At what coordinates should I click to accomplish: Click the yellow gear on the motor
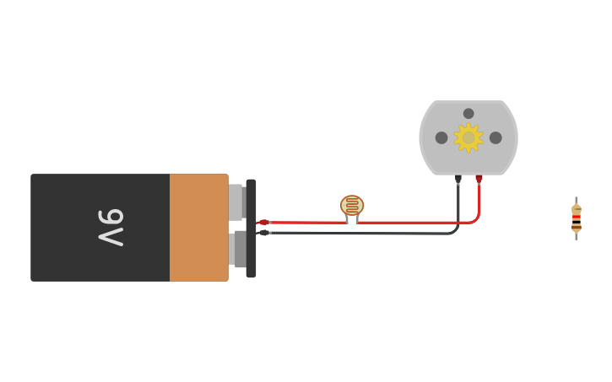point(468,137)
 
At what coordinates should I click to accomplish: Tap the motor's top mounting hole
point(468,113)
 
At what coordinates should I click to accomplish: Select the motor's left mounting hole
point(441,137)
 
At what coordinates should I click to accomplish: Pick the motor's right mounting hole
point(496,137)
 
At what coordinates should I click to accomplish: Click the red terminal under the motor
point(479,179)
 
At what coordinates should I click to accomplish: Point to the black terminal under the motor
point(458,179)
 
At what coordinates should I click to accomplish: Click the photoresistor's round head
point(352,205)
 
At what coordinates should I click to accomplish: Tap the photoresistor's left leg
point(347,219)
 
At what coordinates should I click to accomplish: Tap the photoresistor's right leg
point(357,219)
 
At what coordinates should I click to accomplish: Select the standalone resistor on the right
point(577,218)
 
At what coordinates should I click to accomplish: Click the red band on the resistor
point(577,217)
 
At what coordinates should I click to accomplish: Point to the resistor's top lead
point(577,201)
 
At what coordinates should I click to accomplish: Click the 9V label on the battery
point(111,227)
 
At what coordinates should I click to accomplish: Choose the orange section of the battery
point(198,228)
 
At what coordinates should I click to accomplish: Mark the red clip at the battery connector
point(263,223)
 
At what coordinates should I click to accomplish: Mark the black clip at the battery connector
point(263,233)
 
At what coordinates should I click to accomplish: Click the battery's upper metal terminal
point(236,202)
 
